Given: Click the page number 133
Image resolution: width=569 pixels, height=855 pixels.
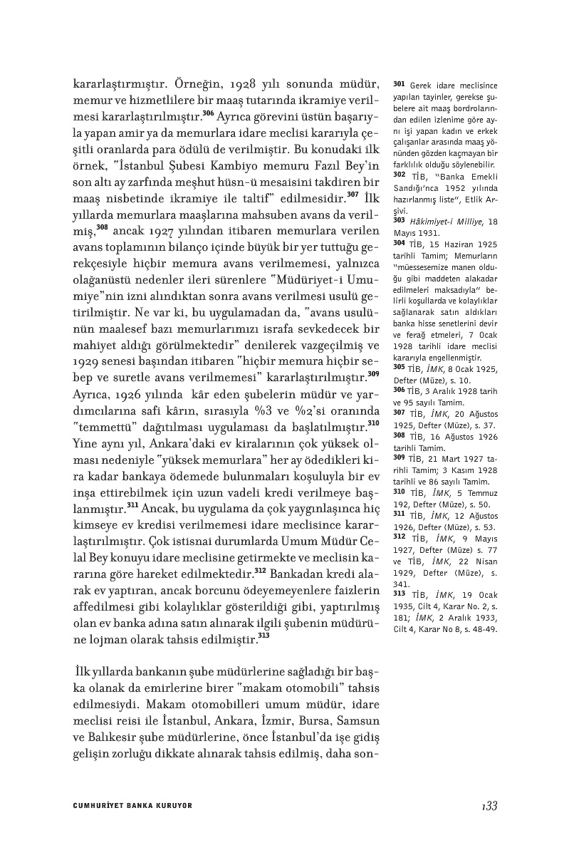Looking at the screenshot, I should pyautogui.click(x=489, y=806).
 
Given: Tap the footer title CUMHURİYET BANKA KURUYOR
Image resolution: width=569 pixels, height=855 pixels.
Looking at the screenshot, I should pyautogui.click(x=133, y=806).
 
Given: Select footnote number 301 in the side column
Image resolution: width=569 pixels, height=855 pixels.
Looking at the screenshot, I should pyautogui.click(x=399, y=84).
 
